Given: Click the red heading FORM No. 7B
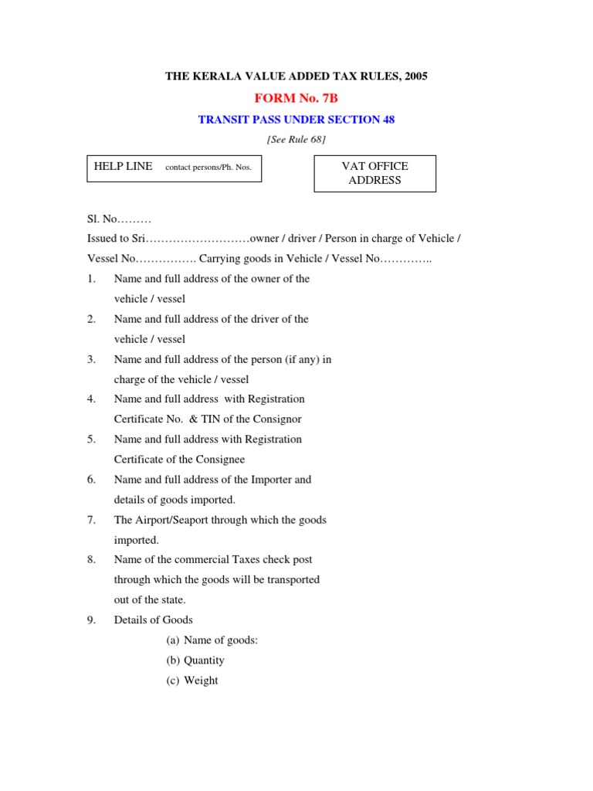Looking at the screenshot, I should point(296,98).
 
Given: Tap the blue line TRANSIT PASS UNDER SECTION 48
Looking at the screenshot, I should point(296,120).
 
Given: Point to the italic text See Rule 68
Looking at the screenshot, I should point(296,139).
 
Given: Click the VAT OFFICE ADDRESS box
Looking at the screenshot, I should point(374,173).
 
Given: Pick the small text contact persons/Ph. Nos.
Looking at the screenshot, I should point(208,167).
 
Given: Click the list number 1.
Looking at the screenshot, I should point(90,279).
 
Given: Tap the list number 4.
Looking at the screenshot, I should point(90,399).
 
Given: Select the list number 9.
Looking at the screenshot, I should point(90,620).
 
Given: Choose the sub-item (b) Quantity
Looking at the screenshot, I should point(195,660).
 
